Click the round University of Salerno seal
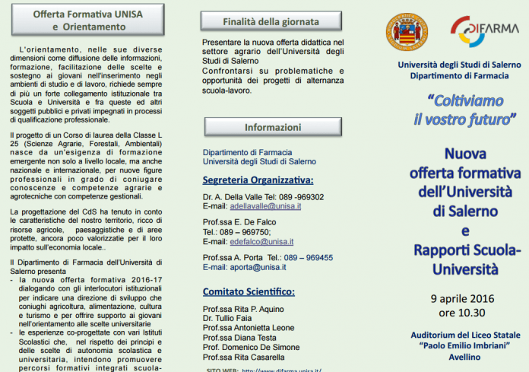[407, 33]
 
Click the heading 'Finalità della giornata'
[261, 21]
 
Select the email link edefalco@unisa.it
[261, 241]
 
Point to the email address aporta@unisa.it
[259, 267]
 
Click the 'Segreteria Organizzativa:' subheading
[258, 180]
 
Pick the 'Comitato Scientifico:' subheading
[249, 291]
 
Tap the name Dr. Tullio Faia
[228, 318]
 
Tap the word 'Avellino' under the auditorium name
[464, 357]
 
